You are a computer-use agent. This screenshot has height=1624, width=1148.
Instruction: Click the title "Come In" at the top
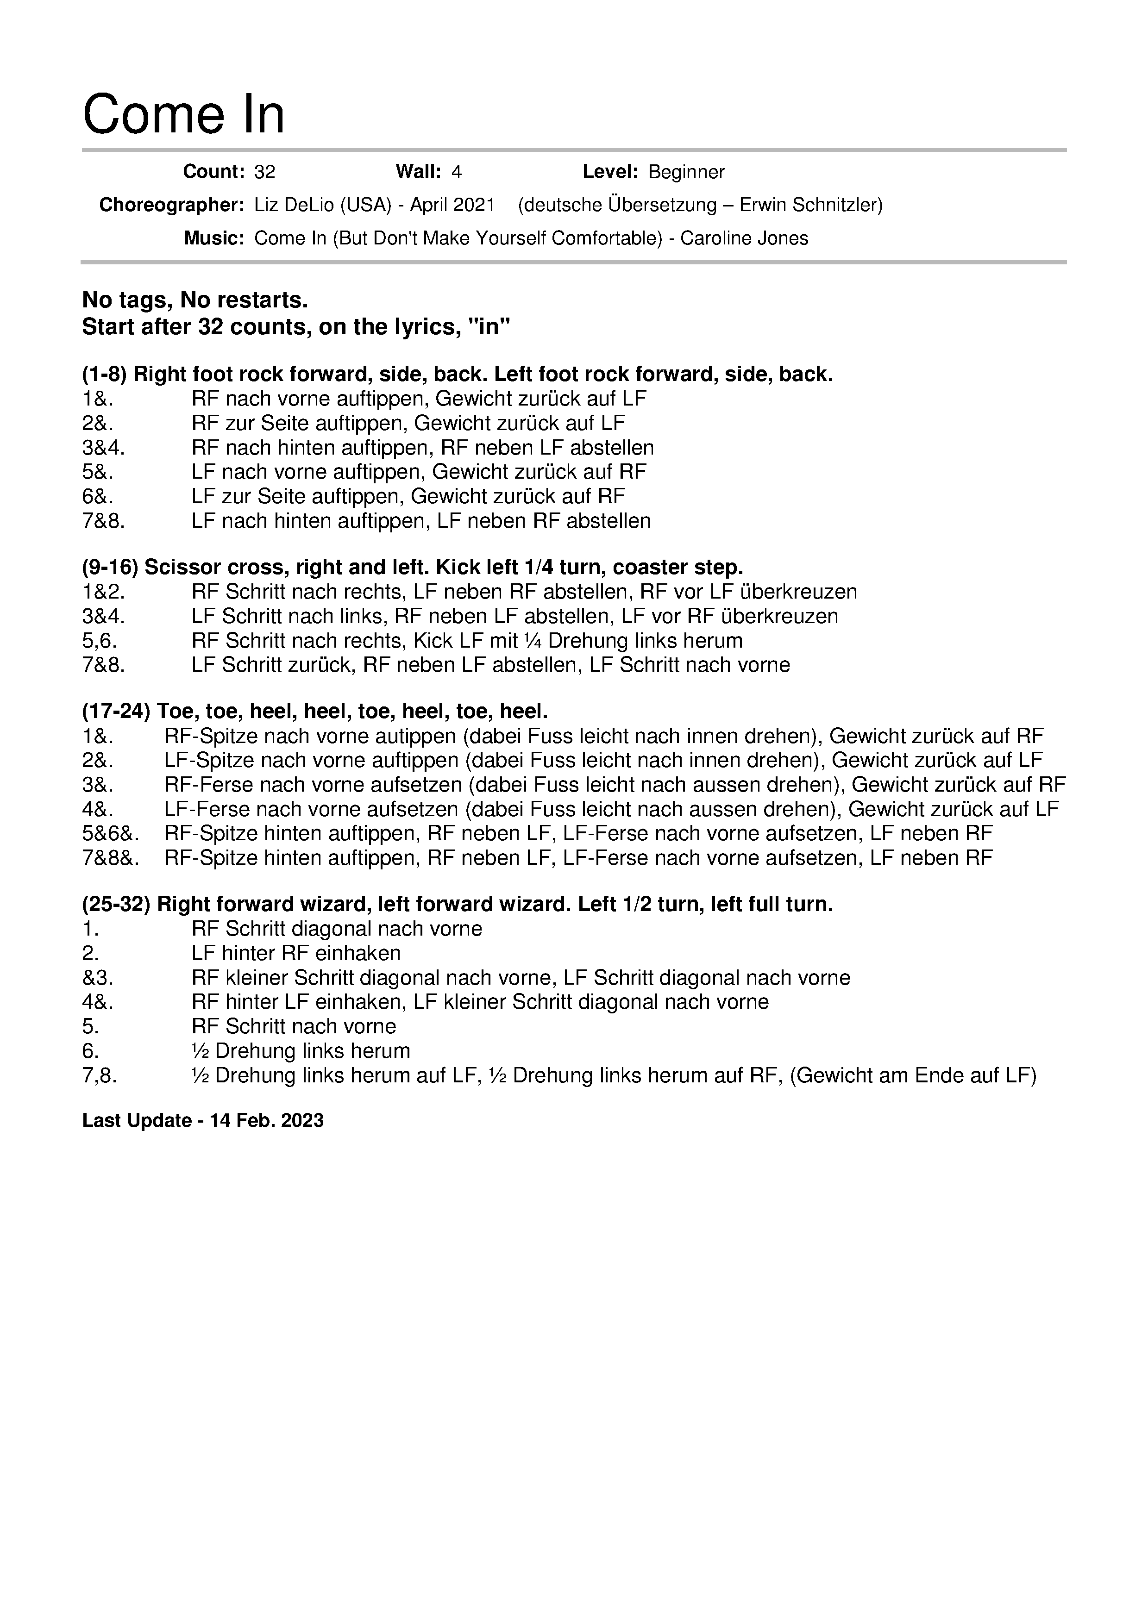(183, 115)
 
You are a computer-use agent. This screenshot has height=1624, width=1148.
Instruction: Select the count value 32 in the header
(264, 172)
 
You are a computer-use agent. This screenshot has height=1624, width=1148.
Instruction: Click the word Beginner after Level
(686, 172)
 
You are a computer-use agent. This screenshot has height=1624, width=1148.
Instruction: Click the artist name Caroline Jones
(744, 238)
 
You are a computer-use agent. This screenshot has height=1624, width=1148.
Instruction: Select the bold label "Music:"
(213, 238)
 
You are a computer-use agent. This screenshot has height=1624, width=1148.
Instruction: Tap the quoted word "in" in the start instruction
(495, 327)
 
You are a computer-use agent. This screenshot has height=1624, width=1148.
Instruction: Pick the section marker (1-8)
(105, 374)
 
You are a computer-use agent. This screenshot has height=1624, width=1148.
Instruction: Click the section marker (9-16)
(110, 567)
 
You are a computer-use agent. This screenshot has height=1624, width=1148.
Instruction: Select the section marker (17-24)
(116, 711)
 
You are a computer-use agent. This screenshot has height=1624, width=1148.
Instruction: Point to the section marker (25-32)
(116, 904)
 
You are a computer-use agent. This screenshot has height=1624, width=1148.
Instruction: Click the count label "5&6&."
(110, 834)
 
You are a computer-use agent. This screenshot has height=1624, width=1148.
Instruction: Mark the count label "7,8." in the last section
(100, 1076)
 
